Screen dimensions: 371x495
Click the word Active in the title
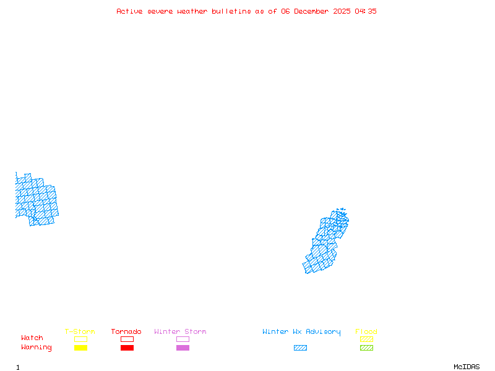tap(129, 11)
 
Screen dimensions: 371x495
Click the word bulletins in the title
tap(232, 11)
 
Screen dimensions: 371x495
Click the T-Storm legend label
tap(80, 332)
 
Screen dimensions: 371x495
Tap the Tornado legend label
tap(126, 332)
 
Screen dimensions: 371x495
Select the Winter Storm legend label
tap(180, 332)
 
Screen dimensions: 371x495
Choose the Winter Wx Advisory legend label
tap(301, 332)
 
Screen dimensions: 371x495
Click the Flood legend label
tap(366, 332)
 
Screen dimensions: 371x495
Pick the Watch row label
tap(32, 338)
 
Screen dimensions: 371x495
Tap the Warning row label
tap(37, 348)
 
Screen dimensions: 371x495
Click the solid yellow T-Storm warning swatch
tap(80, 348)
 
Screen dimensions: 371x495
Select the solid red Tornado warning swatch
tap(127, 348)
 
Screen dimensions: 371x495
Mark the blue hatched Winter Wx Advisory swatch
tap(300, 348)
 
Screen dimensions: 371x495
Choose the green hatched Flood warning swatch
tap(366, 348)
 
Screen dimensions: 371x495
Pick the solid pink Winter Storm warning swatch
tap(183, 348)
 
